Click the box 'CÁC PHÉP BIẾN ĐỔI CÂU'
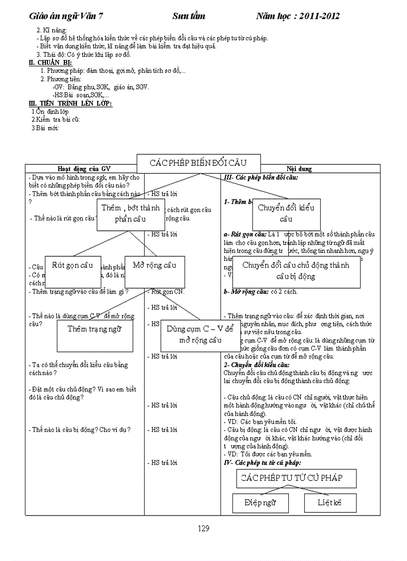click(x=198, y=163)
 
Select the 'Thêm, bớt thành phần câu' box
click(x=131, y=213)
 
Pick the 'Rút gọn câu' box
click(x=73, y=265)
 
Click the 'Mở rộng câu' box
click(x=154, y=265)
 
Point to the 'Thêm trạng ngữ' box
click(x=94, y=328)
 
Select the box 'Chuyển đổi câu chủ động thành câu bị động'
click(x=296, y=270)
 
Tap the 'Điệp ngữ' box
click(x=260, y=503)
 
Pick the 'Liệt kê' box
click(x=330, y=503)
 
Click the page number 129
click(x=203, y=529)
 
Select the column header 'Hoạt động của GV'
click(x=84, y=169)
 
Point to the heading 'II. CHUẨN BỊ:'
click(x=51, y=62)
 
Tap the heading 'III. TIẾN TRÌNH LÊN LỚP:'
click(x=70, y=103)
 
